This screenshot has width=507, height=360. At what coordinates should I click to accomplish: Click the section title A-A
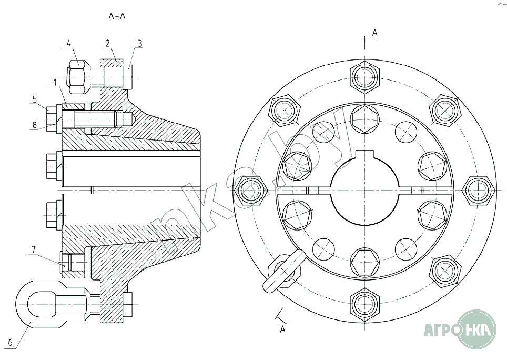point(117,16)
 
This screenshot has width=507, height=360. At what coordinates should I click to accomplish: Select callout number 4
point(69,43)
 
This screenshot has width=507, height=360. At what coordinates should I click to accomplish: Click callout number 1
point(55,83)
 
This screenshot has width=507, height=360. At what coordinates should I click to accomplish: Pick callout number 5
point(35,98)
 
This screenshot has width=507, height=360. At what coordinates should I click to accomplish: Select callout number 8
point(35,125)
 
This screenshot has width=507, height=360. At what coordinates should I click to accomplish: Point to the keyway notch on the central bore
point(366,156)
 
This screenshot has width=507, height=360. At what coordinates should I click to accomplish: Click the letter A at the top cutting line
point(374,33)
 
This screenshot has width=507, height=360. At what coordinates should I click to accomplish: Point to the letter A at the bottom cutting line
point(282,329)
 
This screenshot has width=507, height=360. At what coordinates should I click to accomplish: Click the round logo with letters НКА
point(477,329)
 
